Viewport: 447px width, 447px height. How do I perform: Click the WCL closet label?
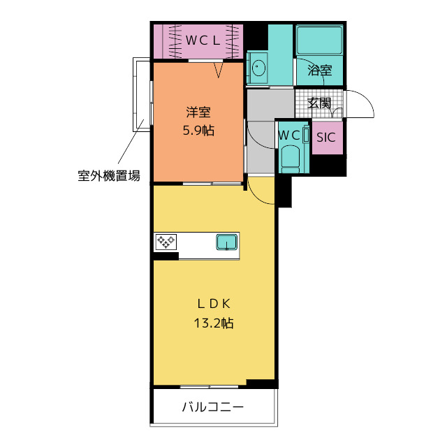pos(203,41)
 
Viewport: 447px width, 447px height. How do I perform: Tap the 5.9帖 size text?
pos(198,131)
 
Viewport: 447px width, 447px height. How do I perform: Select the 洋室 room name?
pos(198,112)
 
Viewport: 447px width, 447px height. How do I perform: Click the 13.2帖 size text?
pos(214,323)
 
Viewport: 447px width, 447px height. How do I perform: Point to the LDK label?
pos(214,305)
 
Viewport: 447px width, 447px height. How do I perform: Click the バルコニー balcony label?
pos(212,406)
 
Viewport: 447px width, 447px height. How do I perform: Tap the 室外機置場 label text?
pos(109,175)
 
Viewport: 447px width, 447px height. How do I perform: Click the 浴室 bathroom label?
pos(320,70)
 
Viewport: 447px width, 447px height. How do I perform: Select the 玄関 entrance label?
pos(319,103)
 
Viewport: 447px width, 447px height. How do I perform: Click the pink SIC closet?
pos(328,138)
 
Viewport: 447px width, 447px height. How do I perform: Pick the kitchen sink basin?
pos(226,242)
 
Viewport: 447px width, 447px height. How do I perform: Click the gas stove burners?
pos(166,242)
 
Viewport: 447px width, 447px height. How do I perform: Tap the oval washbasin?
pos(258,68)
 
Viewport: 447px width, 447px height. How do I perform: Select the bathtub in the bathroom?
pos(320,40)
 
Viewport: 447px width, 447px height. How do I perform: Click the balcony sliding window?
pos(210,387)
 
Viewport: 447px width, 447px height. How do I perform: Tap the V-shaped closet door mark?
pos(219,70)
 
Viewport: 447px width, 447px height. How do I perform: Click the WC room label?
pos(289,135)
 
